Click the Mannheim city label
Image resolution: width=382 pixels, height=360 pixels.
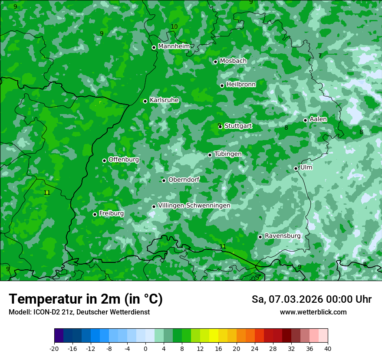[x=174, y=46]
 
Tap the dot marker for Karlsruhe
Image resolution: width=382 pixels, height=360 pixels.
[x=145, y=101]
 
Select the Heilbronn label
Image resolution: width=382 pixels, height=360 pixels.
[x=241, y=85]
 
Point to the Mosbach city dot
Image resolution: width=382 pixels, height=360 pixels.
[x=215, y=62]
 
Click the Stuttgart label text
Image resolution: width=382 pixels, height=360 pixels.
[x=238, y=126]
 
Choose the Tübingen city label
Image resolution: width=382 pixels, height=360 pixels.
[x=228, y=154]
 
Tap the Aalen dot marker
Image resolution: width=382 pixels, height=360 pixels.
[x=305, y=120]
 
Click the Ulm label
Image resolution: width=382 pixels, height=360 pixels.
[x=306, y=167]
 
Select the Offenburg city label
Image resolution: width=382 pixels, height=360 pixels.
[x=124, y=160]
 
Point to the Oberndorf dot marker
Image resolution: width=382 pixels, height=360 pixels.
[x=164, y=180]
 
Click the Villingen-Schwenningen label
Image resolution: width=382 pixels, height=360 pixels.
[x=194, y=206]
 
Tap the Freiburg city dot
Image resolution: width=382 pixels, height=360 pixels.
[x=95, y=214]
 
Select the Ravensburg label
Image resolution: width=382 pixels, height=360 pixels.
[x=283, y=236]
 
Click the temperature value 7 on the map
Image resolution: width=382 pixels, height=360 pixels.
[x=320, y=56]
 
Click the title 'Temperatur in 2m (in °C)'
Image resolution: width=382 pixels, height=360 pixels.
[x=86, y=299]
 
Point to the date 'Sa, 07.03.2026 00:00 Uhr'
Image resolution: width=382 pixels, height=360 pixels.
[x=311, y=299]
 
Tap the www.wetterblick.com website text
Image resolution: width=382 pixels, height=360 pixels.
[x=313, y=312]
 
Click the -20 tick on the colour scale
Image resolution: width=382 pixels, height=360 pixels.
[x=54, y=349]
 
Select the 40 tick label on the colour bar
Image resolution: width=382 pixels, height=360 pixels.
[x=328, y=349]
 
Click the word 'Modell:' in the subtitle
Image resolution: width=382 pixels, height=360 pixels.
[x=20, y=312]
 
